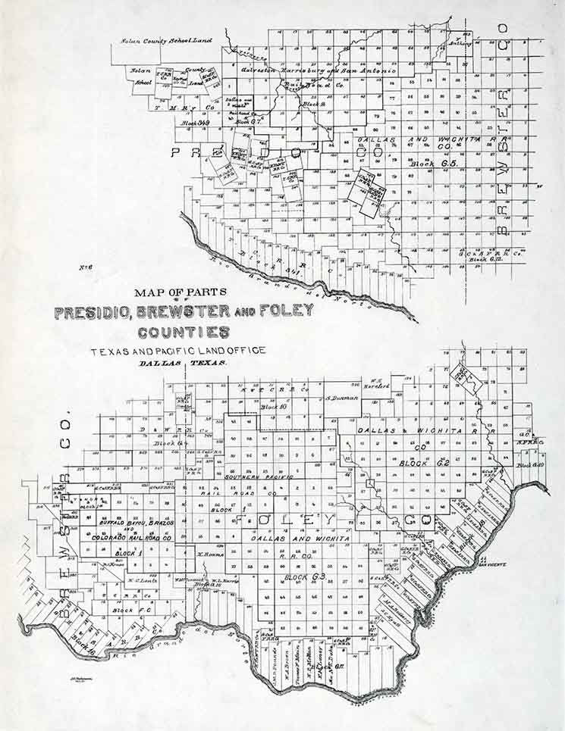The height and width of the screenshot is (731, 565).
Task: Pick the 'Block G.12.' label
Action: click(486, 260)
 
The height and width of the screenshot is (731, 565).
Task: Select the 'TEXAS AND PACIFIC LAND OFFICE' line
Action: click(178, 351)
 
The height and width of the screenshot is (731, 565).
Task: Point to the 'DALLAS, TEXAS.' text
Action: click(184, 364)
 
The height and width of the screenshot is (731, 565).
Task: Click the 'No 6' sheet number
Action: click(85, 266)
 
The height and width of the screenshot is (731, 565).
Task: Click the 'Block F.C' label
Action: click(124, 610)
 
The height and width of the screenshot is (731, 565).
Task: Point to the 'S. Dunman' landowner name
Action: click(341, 397)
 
